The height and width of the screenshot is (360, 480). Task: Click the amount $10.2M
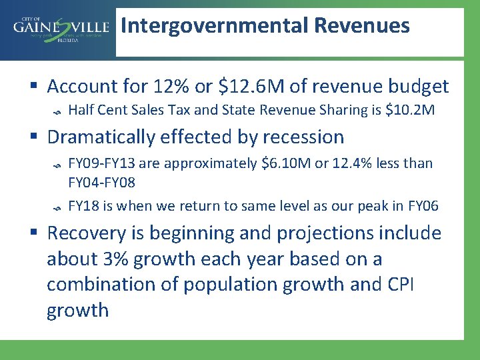[x=410, y=109]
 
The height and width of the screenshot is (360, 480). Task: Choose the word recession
[x=303, y=137]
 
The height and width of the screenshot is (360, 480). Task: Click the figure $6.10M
[x=283, y=163]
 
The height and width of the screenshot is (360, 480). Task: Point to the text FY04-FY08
[x=104, y=181]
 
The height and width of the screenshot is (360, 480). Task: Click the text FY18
[x=83, y=205]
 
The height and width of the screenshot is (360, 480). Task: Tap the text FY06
[x=423, y=205]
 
